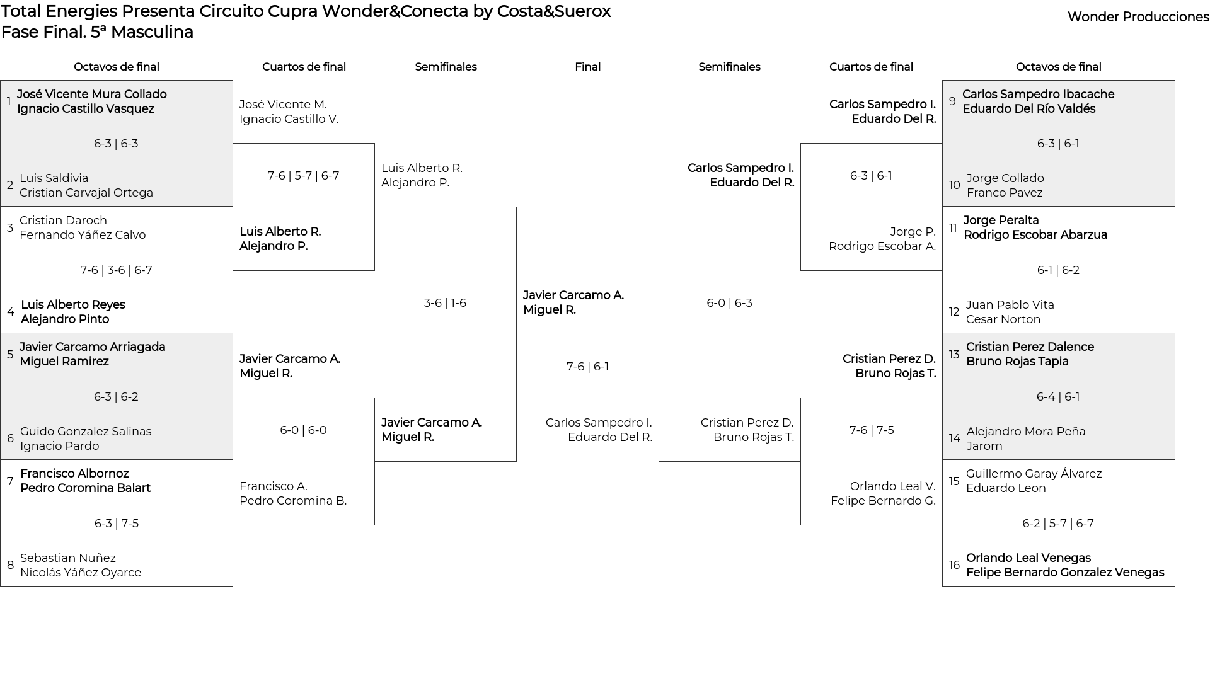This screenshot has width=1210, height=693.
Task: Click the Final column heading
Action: coord(587,67)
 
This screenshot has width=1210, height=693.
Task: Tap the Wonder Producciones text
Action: coord(1138,17)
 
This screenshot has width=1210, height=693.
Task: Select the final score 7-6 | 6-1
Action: coord(587,367)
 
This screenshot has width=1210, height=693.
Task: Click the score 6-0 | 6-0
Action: coord(303,430)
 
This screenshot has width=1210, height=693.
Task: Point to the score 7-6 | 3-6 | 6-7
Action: coord(116,270)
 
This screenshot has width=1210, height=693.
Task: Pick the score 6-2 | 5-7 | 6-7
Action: coord(1058,524)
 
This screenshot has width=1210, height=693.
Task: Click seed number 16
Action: coord(954,565)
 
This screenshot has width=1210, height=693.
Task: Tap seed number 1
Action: coord(9,101)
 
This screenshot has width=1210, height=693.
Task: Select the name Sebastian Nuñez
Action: coord(68,558)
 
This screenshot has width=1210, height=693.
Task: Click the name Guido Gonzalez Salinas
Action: coord(86,432)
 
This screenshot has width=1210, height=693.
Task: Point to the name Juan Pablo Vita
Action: coord(1010,305)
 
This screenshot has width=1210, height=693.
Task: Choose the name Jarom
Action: coord(984,446)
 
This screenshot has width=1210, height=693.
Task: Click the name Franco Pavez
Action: coord(1005,193)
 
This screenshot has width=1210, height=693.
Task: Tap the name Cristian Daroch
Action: coord(63,220)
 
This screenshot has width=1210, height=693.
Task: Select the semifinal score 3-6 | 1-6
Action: coord(445,303)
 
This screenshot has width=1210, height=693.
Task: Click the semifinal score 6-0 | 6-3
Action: coord(729,303)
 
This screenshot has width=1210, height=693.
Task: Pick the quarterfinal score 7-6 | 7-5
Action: coord(872,430)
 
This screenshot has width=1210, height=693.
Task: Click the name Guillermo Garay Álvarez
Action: coord(1034,474)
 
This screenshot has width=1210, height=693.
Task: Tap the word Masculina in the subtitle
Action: coord(152,32)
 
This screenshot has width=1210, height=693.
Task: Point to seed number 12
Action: coord(954,312)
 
